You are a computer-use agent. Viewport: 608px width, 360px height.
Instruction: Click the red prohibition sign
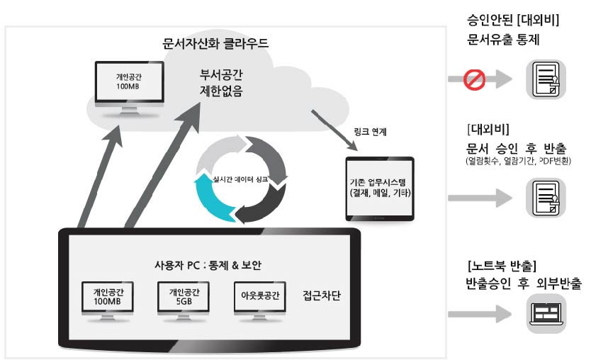coord(474,79)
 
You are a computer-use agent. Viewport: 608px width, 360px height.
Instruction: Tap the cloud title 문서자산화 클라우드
coord(215,43)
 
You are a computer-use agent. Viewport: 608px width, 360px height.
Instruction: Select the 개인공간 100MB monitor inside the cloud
coord(129,89)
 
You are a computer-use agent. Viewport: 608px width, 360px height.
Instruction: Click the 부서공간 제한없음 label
coord(221,83)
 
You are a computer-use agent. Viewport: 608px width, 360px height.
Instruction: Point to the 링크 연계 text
coord(370,132)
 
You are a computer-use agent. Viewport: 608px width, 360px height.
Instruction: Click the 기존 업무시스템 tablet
coord(380,189)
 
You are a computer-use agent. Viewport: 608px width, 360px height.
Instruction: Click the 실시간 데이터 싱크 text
coord(240,179)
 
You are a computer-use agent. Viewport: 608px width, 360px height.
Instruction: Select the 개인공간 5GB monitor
coord(184,300)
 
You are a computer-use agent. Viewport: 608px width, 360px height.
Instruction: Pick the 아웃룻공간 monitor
coord(260,300)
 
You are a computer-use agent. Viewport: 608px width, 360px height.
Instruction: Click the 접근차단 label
coord(322,296)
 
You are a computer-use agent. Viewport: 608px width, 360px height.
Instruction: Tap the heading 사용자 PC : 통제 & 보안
coord(208,265)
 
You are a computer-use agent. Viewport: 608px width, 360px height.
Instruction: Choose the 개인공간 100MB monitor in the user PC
coord(108,300)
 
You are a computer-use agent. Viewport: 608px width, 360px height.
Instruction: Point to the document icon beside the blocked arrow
coord(546,79)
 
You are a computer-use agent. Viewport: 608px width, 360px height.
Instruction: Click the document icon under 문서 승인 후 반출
coord(546,198)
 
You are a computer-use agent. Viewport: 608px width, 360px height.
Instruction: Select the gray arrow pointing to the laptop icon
coord(480,314)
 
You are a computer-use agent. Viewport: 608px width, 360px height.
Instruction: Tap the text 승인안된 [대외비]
coord(513,20)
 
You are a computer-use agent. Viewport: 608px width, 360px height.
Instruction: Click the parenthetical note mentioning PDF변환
coord(518,161)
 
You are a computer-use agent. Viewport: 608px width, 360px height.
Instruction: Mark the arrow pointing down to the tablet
coord(334,130)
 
